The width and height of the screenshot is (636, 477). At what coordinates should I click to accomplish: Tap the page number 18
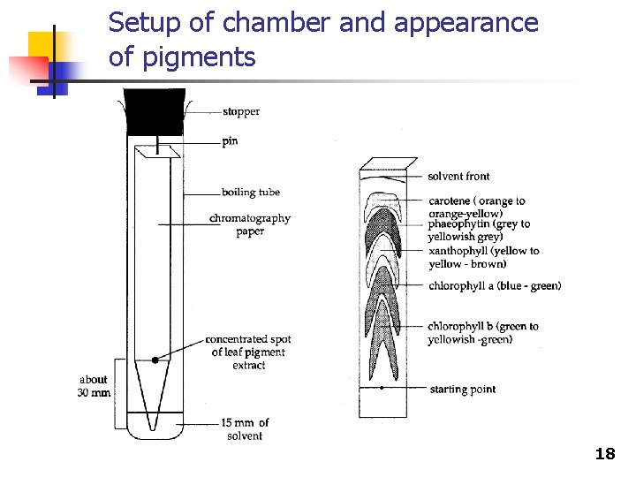[605, 454]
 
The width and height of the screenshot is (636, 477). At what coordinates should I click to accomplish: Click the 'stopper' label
[241, 112]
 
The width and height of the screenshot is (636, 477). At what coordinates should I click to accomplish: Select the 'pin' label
[230, 141]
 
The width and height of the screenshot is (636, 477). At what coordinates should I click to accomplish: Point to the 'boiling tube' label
[251, 192]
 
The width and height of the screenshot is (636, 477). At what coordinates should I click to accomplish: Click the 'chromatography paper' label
[250, 224]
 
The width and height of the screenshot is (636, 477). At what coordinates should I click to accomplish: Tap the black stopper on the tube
[155, 111]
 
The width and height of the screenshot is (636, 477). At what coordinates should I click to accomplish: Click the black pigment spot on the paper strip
[155, 360]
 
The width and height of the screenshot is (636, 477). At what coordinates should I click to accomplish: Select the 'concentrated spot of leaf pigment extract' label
[248, 352]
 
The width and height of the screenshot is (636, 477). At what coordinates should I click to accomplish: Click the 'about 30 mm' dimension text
[95, 386]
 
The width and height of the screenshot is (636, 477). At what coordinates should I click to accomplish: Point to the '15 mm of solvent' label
[246, 429]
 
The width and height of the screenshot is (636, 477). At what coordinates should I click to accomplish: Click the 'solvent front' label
[458, 177]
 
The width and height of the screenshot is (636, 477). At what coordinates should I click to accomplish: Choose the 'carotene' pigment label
[476, 207]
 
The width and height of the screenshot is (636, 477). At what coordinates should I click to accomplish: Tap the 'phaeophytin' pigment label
[478, 231]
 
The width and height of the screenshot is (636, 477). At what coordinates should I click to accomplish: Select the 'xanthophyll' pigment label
[482, 257]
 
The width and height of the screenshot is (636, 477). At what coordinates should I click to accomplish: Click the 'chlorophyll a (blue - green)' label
[494, 285]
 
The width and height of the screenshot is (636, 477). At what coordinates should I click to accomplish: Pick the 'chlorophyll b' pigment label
[482, 333]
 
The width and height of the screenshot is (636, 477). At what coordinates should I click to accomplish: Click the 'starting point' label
[462, 390]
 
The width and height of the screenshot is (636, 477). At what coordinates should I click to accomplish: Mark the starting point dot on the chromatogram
[381, 388]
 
